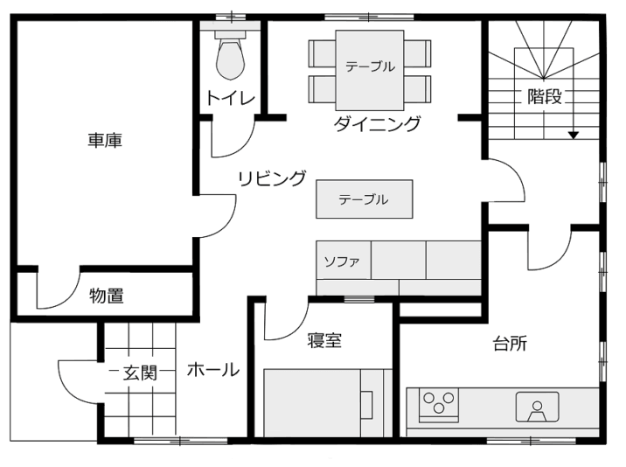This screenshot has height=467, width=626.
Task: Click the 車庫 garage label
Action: tap(105, 141)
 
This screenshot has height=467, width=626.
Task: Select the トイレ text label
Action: tap(231, 98)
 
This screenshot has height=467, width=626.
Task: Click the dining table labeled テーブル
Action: tap(370, 70)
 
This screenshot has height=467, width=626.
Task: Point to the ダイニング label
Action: tap(377, 124)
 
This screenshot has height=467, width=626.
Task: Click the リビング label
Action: tap(272, 178)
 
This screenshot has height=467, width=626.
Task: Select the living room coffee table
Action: tap(364, 199)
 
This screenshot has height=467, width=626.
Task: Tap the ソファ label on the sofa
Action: tap(342, 262)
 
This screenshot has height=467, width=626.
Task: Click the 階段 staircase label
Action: tap(545, 96)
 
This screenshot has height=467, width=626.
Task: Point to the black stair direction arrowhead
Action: tap(574, 136)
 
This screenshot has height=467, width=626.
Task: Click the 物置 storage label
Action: tap(106, 296)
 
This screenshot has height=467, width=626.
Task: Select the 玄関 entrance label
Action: tap(140, 373)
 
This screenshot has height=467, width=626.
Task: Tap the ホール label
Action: tap(213, 370)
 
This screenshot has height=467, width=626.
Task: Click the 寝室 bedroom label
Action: tap(324, 340)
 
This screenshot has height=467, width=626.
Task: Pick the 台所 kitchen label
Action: tap(510, 344)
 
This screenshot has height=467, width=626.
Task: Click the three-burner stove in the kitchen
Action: tap(439, 405)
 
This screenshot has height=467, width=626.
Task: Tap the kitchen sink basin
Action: tap(537, 407)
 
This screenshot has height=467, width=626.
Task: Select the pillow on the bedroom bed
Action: tap(366, 405)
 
